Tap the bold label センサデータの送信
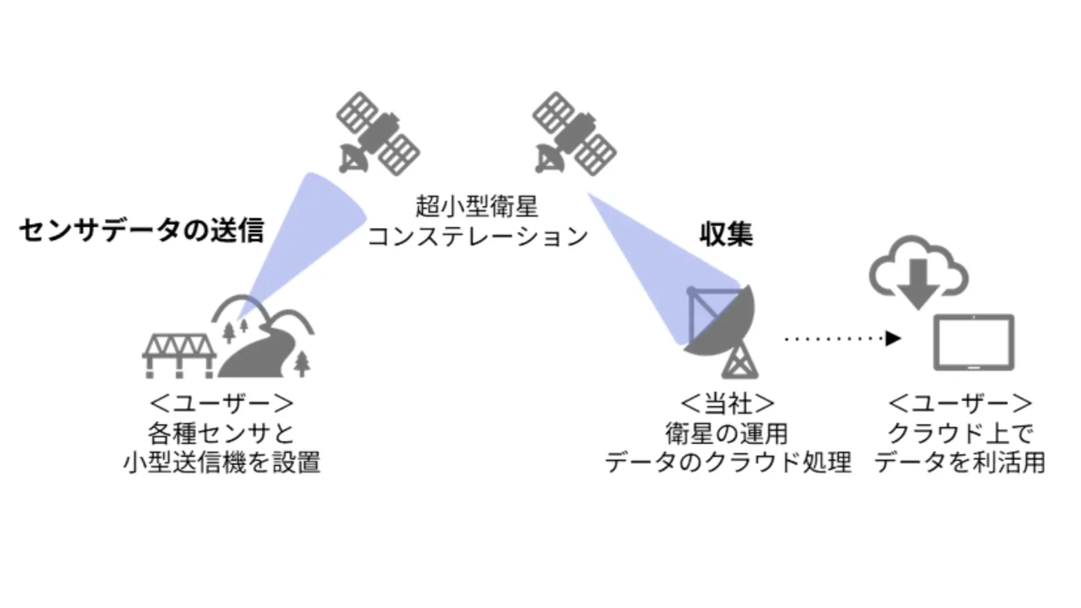[141, 230]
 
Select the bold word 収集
[725, 235]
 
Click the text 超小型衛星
[477, 205]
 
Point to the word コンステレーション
[477, 236]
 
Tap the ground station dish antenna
[720, 321]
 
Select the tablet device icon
[974, 342]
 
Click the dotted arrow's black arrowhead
[893, 338]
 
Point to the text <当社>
[728, 404]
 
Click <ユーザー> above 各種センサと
[220, 404]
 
